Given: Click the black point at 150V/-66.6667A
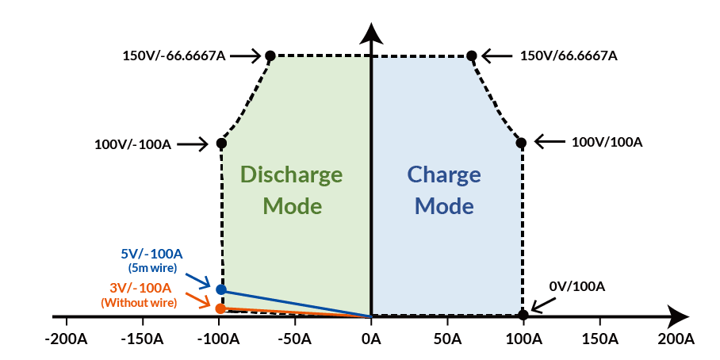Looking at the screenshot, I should click(270, 56).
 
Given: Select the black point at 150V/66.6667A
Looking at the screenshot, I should click(472, 56).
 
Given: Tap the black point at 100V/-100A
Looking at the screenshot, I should click(221, 144).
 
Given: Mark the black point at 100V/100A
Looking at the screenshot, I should click(522, 143).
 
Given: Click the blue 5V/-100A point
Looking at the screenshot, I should click(220, 289).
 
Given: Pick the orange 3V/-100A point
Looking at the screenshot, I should click(220, 308).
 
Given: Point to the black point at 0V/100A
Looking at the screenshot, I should click(523, 315).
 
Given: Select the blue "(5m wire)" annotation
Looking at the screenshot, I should click(151, 268).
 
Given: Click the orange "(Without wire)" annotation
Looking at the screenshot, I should click(139, 302).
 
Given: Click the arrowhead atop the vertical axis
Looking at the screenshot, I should click(370, 34).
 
